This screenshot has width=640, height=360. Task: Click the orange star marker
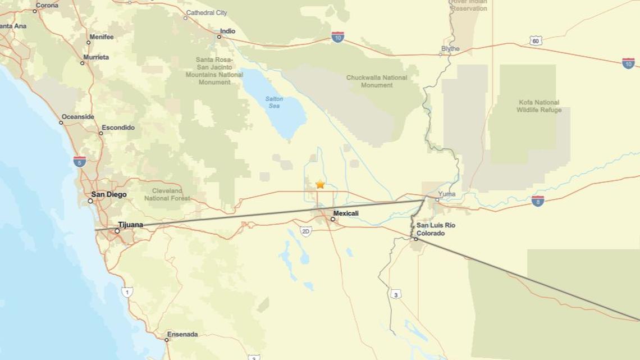pyautogui.click(x=320, y=184)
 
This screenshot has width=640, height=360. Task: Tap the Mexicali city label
pyautogui.click(x=346, y=213)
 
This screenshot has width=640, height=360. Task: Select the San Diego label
pyautogui.click(x=109, y=195)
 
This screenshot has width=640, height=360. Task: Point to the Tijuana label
pyautogui.click(x=131, y=225)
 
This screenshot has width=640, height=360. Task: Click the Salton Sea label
pyautogui.click(x=274, y=102)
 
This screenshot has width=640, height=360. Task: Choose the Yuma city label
pyautogui.click(x=447, y=194)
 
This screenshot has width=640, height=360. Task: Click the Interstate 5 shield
pyautogui.click(x=80, y=162)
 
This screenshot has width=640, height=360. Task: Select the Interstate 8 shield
pyautogui.click(x=537, y=200)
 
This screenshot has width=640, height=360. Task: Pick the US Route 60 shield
pyautogui.click(x=536, y=40)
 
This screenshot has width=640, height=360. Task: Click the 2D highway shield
pyautogui.click(x=305, y=231)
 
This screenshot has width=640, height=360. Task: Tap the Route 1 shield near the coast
pyautogui.click(x=127, y=292)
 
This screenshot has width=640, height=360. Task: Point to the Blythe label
pyautogui.click(x=450, y=49)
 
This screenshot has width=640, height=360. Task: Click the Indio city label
pyautogui.click(x=227, y=31)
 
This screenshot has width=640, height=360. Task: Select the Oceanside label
pyautogui.click(x=78, y=117)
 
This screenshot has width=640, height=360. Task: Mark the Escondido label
pyautogui.click(x=118, y=127)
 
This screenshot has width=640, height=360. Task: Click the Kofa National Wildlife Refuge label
pyautogui.click(x=539, y=106)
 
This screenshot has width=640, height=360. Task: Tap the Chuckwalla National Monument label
pyautogui.click(x=377, y=81)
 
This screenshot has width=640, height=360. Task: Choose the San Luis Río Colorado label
pyautogui.click(x=436, y=229)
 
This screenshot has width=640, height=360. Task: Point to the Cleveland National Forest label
pyautogui.click(x=167, y=194)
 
